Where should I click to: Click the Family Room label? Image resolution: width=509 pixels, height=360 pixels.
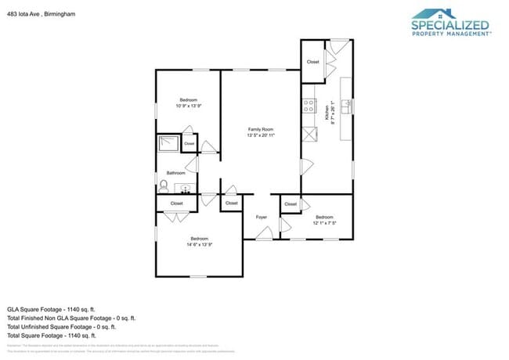pyautogui.click(x=261, y=129)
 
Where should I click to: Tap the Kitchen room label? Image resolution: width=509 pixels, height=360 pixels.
pyautogui.click(x=327, y=114)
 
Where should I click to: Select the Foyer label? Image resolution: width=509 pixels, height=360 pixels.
pyautogui.click(x=261, y=217)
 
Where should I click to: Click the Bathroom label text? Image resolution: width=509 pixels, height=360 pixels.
pyautogui.click(x=175, y=173)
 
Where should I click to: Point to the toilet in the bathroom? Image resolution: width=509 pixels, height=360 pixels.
pyautogui.click(x=164, y=186)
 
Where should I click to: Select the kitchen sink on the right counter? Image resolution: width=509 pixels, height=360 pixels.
pyautogui.click(x=345, y=104)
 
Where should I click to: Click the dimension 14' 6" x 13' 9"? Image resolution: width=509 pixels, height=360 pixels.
pyautogui.click(x=199, y=245)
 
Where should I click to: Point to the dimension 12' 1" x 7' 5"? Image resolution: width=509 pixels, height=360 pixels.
pyautogui.click(x=324, y=223)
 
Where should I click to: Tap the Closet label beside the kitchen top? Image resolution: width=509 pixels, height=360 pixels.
pyautogui.click(x=312, y=62)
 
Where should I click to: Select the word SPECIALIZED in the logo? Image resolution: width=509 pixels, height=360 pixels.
pyautogui.click(x=450, y=25)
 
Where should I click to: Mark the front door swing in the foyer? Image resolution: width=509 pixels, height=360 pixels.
pyautogui.click(x=265, y=232)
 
